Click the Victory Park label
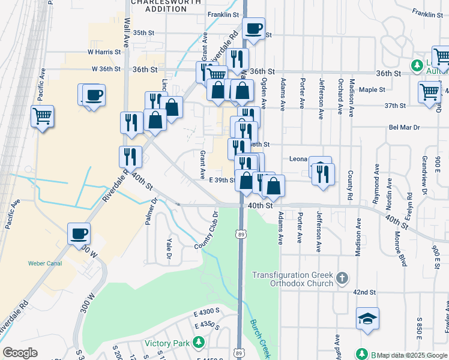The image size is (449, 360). [167, 344]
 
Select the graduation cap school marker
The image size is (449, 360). [367, 319]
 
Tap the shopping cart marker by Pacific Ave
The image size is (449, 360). [42, 115]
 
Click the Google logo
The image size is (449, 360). [20, 353]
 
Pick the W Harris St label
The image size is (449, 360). [104, 52]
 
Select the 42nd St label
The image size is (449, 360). [364, 292]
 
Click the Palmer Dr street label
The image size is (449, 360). [151, 210]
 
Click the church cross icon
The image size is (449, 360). [342, 277]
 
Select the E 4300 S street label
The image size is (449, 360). [207, 313]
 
